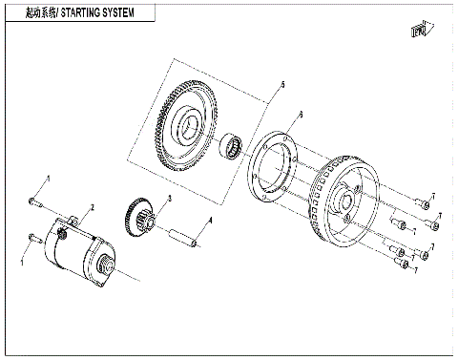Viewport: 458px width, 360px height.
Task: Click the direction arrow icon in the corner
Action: pos(417,31)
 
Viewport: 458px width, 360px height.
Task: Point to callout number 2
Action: pos(92,207)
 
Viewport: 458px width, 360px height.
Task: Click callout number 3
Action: pos(169,198)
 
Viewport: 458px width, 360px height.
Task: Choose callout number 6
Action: pos(301,115)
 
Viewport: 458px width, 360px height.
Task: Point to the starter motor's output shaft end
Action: pos(104,269)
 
